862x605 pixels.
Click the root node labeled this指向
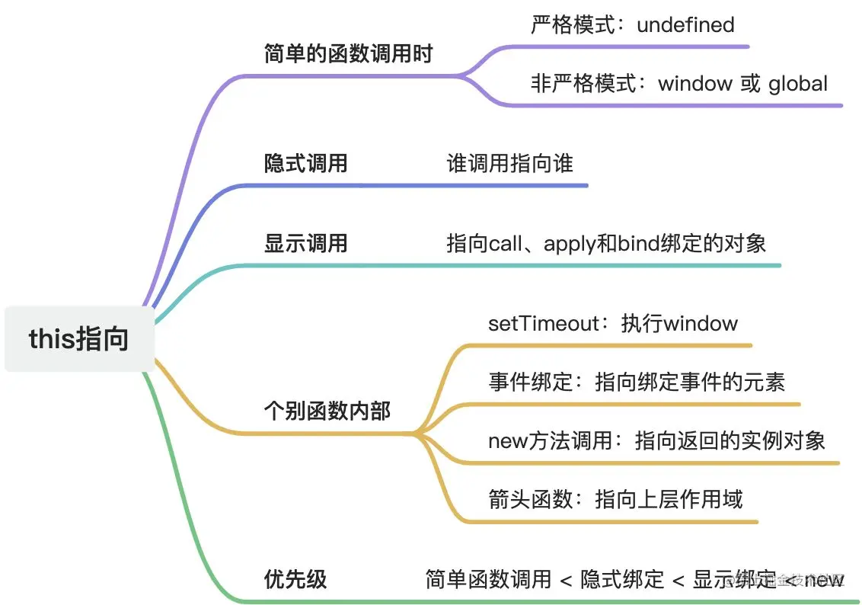(x=78, y=338)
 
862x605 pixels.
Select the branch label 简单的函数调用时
(x=348, y=53)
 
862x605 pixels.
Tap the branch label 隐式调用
(x=305, y=162)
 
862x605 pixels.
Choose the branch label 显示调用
(x=305, y=243)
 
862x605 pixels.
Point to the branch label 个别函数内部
(x=327, y=411)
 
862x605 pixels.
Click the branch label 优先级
(x=295, y=579)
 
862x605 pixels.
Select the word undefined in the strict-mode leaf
(x=685, y=24)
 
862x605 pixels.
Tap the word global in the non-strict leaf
(x=797, y=83)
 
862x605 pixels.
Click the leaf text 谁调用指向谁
(x=509, y=162)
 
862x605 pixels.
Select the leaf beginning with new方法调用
(x=656, y=440)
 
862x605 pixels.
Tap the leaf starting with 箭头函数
(x=615, y=499)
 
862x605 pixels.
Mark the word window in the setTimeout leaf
(x=701, y=323)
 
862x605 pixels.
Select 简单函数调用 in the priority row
(x=488, y=579)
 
